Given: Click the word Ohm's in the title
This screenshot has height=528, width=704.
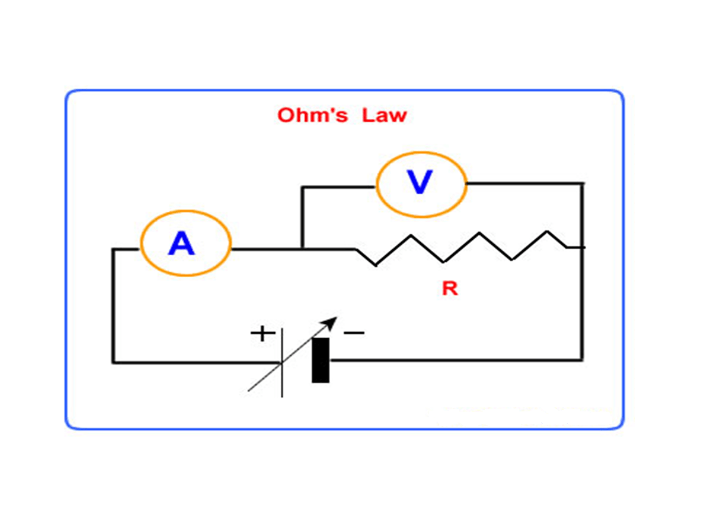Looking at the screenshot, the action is tap(312, 115).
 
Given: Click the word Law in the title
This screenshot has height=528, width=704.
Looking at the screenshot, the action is tap(384, 115).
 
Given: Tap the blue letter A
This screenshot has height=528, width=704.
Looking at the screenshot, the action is tap(181, 243).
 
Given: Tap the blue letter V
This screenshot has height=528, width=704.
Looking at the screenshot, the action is tap(419, 182).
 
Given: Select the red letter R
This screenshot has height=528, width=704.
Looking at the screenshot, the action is tap(450, 288).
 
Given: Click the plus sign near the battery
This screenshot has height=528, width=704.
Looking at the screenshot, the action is tap(263, 334).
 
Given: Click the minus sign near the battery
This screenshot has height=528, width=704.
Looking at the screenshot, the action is tap(353, 333).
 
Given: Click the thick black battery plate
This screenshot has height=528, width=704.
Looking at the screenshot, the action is tap(320, 360).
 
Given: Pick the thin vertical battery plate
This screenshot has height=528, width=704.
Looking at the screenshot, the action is tap(282, 363).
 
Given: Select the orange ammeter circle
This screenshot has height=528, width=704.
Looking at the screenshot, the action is tap(141, 243).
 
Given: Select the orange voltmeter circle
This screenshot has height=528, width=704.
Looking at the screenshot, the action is tap(376, 185).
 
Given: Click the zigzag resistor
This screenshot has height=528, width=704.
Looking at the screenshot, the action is tap(461, 248).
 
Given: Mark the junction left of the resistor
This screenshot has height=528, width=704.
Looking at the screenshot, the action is tap(303, 249).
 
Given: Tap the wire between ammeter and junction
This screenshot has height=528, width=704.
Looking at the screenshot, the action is tap(267, 249).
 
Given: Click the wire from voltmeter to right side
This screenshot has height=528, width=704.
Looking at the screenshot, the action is tap(525, 183).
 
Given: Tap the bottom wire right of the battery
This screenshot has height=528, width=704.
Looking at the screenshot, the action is tap(456, 360).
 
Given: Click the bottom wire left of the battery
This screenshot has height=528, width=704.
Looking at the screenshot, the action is tap(197, 362).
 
